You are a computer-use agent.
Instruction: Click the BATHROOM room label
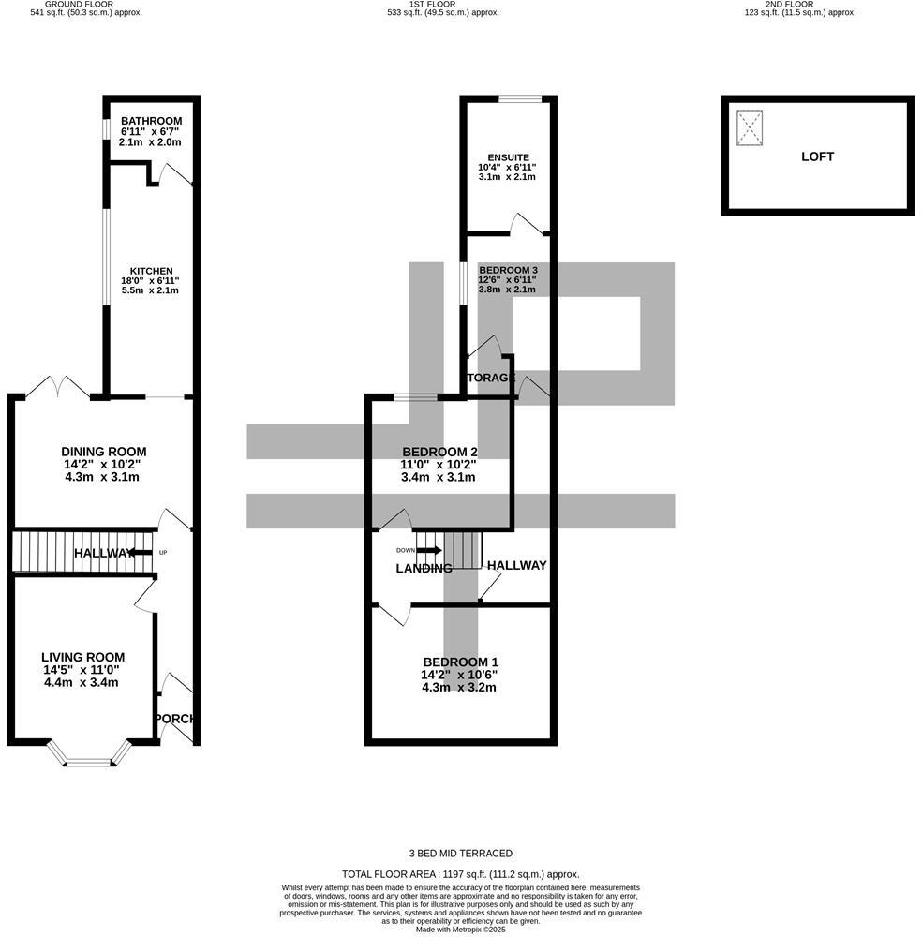click(x=150, y=121)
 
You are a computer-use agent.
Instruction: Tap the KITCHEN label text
click(x=150, y=271)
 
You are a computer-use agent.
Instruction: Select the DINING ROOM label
click(x=103, y=452)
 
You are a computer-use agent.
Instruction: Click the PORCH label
click(x=176, y=719)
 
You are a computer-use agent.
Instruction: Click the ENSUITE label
click(x=508, y=157)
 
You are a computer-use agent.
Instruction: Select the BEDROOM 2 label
click(x=439, y=452)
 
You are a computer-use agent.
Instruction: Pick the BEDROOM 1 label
click(x=459, y=662)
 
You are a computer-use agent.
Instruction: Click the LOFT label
click(x=817, y=156)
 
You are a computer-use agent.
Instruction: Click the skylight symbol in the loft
click(x=750, y=128)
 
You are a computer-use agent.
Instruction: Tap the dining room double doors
click(x=58, y=386)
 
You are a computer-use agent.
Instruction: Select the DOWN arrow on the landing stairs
click(x=427, y=550)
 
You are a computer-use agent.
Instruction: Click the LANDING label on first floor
click(x=424, y=569)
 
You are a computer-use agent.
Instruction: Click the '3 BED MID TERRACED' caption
click(x=461, y=853)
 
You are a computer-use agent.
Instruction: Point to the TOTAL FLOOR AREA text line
click(x=461, y=872)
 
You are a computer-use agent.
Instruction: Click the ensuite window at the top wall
click(x=519, y=98)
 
